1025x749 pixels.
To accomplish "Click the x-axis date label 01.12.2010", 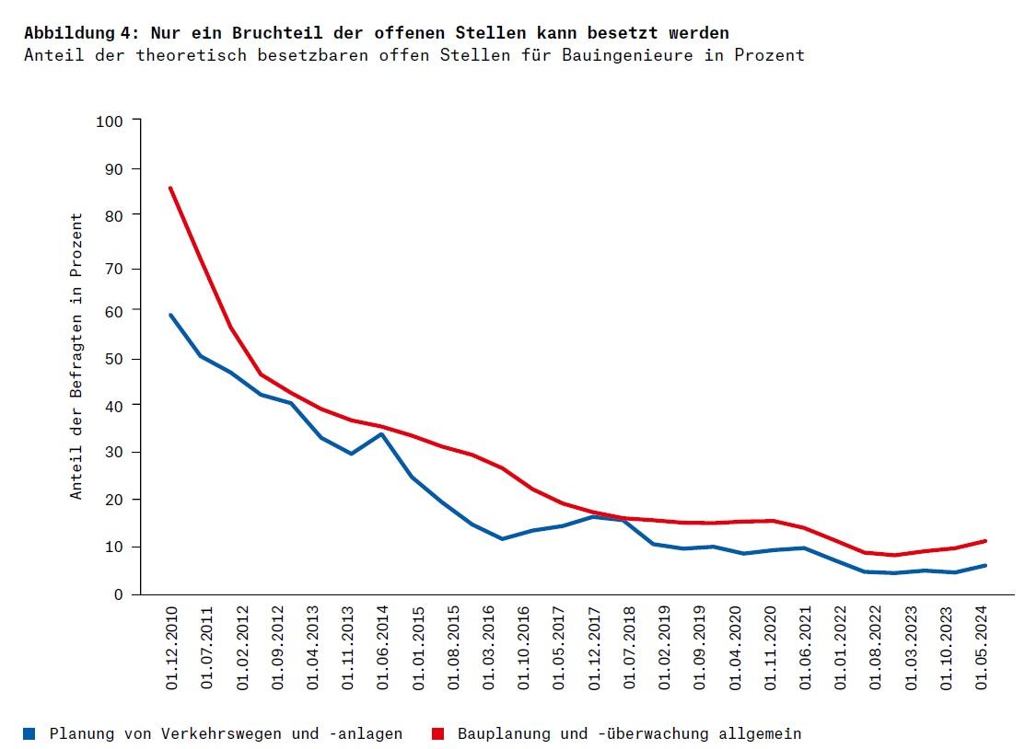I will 171,648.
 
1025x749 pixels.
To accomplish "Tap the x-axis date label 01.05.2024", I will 982,648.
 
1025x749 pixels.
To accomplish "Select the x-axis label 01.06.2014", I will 383,648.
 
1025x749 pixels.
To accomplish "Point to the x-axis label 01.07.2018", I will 629,648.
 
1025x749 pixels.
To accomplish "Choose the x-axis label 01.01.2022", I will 841,648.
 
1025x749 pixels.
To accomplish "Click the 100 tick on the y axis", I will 110,121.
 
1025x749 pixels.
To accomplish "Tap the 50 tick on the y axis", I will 113,358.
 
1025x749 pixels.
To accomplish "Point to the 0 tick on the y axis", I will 118,595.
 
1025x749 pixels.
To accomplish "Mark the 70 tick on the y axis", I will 113,269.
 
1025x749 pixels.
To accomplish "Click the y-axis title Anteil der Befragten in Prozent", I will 77,357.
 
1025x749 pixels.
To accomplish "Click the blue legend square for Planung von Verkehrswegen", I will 30,733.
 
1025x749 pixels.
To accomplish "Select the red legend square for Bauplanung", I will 438,733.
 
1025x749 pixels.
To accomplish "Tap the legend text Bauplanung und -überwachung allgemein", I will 629,733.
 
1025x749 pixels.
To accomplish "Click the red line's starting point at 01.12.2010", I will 170,188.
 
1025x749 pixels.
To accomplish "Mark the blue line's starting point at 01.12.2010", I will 170,315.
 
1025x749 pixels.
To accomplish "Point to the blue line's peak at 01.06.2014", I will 381,433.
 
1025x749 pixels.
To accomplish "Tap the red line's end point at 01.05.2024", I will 985,541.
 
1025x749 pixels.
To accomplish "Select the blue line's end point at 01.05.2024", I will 985,565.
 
